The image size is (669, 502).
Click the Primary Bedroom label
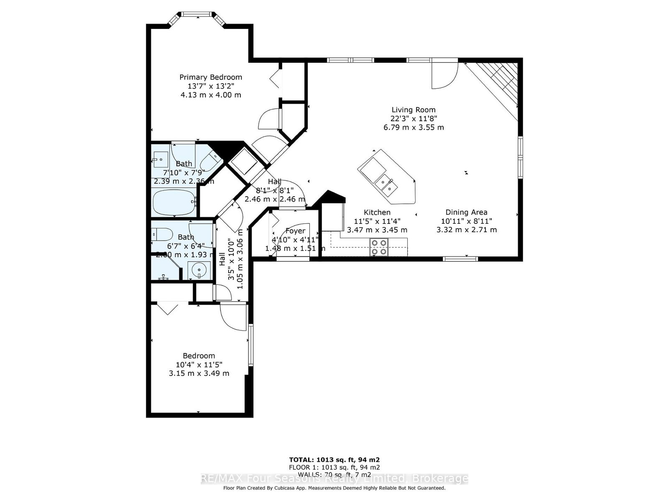pyautogui.click(x=211, y=77)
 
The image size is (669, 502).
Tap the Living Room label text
pyautogui.click(x=414, y=110)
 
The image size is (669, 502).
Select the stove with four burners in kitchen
pyautogui.click(x=379, y=247)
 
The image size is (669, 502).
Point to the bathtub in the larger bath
pyautogui.click(x=174, y=202)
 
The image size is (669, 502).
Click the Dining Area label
pyautogui.click(x=466, y=212)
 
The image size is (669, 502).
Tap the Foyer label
pyautogui.click(x=295, y=231)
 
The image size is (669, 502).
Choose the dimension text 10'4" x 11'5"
pyautogui.click(x=199, y=364)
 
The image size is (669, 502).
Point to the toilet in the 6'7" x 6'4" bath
pyautogui.click(x=161, y=234)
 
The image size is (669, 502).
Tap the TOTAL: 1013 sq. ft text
pyautogui.click(x=334, y=459)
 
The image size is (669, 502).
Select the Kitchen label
pyautogui.click(x=377, y=212)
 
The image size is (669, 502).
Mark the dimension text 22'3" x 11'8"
pyautogui.click(x=414, y=118)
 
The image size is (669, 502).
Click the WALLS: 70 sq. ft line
pyautogui.click(x=334, y=474)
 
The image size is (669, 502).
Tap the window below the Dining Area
pyautogui.click(x=460, y=259)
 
